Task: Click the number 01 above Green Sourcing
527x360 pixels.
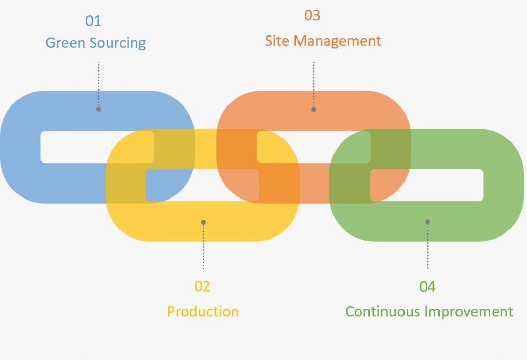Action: tap(93, 21)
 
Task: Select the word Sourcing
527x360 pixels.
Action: tap(118, 43)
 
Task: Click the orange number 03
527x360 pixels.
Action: tap(312, 15)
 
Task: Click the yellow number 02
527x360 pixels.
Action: tap(202, 286)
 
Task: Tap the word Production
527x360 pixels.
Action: tap(203, 311)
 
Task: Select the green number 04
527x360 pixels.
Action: tap(427, 286)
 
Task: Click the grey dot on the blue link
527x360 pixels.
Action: tap(98, 109)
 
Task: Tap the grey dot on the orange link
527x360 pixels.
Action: tap(313, 109)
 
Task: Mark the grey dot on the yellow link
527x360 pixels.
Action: tap(203, 222)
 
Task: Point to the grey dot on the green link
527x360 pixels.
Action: tap(427, 222)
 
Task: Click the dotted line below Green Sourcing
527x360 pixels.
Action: tap(98, 85)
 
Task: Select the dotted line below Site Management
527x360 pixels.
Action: tap(313, 85)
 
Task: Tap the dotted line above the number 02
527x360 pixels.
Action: tap(203, 247)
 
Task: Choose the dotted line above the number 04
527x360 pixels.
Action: tap(427, 247)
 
